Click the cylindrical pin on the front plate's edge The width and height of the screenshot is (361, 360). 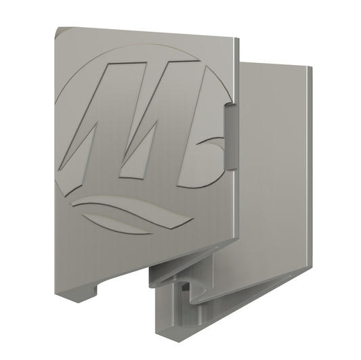pos(231,137)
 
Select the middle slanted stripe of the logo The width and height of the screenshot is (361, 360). pos(160,120)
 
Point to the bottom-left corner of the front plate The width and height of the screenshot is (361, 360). pos(55,294)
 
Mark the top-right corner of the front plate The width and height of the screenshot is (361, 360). pos(239,38)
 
